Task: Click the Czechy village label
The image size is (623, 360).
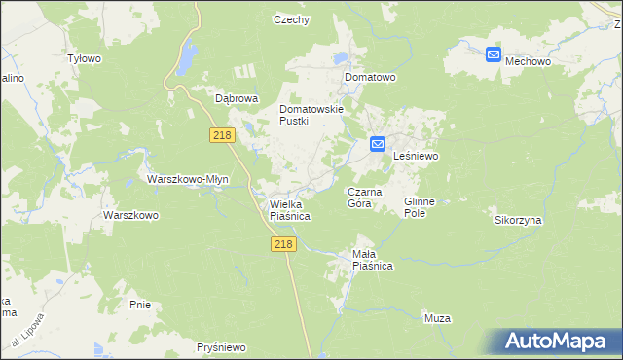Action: [291, 19]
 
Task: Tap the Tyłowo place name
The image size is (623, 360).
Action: [84, 58]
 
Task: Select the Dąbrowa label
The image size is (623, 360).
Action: [236, 98]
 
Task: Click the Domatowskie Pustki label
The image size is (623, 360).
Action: [311, 115]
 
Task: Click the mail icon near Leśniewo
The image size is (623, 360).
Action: [378, 145]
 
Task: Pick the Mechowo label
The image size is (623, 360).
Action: [529, 60]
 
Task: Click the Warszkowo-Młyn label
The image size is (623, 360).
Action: [187, 179]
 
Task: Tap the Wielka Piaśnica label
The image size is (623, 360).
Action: [289, 210]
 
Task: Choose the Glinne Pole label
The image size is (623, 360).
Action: [420, 206]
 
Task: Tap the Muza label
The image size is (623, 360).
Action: [438, 317]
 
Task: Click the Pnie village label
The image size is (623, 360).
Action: [139, 305]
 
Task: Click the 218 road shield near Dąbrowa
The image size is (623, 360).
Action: [221, 135]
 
